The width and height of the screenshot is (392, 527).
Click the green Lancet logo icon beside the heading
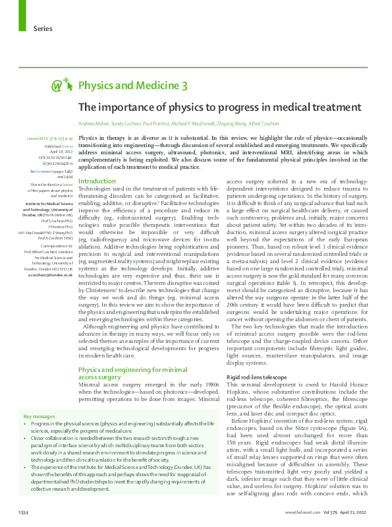click(63, 85)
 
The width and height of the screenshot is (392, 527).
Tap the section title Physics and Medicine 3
click(133, 85)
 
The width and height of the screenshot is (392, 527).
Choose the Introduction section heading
click(97, 181)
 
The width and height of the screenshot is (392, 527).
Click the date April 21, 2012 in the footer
click(358, 512)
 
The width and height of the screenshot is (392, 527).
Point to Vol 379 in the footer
click(331, 512)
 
